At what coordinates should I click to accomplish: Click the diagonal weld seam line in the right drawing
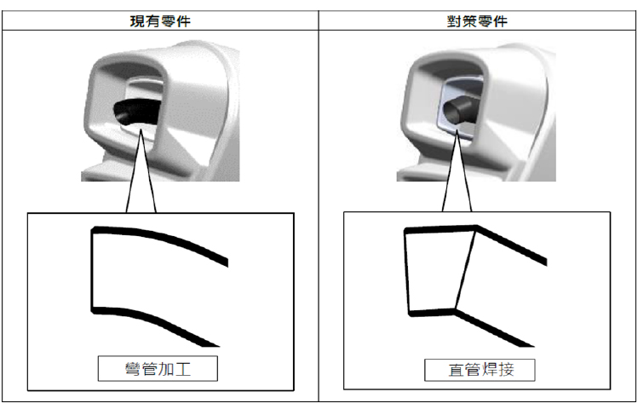465,268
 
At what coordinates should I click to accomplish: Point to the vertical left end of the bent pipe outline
92,268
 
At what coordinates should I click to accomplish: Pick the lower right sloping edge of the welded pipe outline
494,329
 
